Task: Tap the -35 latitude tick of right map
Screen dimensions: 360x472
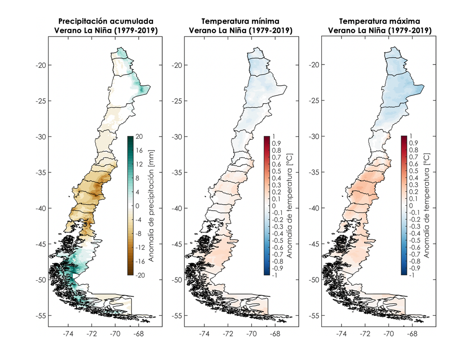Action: coord(313,173)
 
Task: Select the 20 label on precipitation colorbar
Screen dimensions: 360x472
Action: coord(139,136)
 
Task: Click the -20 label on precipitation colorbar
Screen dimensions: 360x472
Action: coord(140,275)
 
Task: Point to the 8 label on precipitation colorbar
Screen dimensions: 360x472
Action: coord(137,178)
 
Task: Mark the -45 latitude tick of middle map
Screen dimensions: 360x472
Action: coord(177,244)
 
